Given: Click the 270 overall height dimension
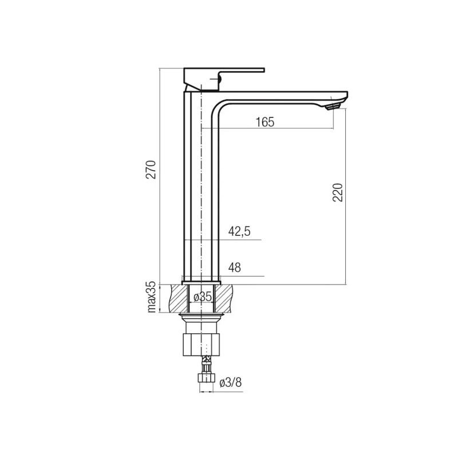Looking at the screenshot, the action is [151, 169].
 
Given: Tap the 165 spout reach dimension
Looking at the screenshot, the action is [265, 122].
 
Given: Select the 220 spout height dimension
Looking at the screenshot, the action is [337, 192].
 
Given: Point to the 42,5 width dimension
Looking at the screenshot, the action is [239, 231].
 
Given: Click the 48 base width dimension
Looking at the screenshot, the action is [235, 267].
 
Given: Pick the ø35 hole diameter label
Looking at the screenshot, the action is [203, 297].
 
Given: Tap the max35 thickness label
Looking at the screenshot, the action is [152, 297].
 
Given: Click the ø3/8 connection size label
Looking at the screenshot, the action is [231, 382].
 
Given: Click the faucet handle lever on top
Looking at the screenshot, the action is [224, 79].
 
